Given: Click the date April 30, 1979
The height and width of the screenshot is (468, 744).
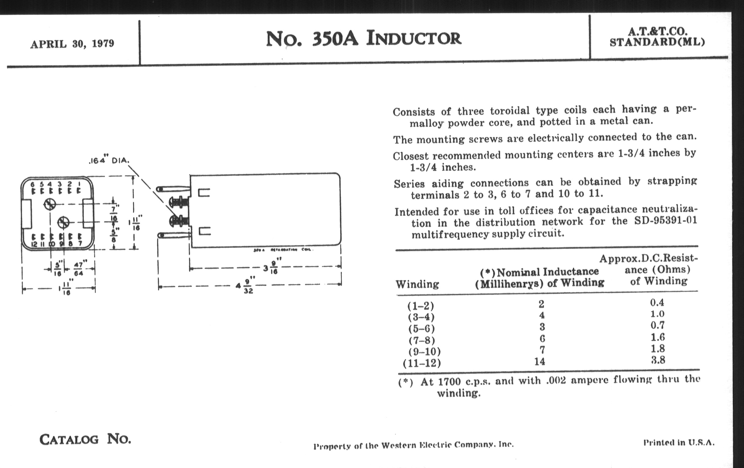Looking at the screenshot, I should (72, 44).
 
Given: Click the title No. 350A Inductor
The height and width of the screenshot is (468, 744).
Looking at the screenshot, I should (363, 39).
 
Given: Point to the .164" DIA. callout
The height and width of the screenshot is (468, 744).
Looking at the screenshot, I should (109, 161).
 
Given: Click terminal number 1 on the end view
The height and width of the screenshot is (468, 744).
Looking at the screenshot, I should (80, 184).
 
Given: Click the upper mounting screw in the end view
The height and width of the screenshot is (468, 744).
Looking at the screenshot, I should (50, 204).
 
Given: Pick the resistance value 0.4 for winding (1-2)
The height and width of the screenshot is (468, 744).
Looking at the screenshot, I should (657, 303).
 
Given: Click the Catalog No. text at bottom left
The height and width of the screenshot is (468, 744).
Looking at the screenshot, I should (85, 439).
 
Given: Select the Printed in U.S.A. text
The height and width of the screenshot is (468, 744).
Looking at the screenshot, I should (679, 443).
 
